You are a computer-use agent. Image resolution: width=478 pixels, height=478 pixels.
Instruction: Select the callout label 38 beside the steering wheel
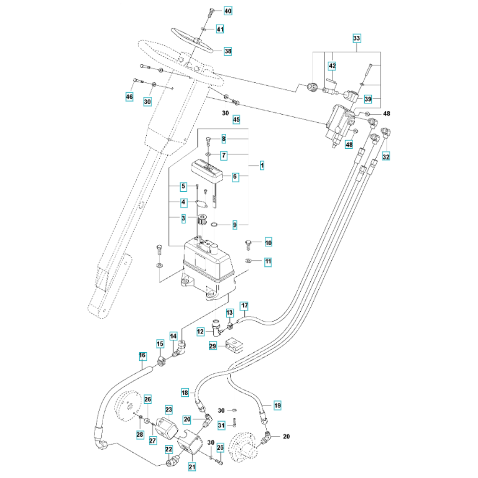click(x=228, y=51)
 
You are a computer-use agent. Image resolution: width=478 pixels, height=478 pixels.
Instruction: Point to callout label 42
click(x=332, y=65)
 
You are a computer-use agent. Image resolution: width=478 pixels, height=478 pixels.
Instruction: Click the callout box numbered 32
click(x=386, y=156)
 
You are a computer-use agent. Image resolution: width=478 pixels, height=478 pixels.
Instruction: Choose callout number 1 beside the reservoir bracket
click(x=262, y=165)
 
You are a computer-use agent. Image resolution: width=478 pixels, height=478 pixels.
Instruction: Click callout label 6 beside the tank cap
click(x=235, y=176)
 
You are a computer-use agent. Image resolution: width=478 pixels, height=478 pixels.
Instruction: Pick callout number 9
click(x=235, y=224)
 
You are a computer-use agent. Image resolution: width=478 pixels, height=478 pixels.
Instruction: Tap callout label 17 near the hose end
click(x=244, y=305)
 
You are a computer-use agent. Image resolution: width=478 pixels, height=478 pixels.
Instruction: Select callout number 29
click(x=213, y=345)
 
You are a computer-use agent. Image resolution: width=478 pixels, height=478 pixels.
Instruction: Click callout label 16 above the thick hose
click(x=142, y=356)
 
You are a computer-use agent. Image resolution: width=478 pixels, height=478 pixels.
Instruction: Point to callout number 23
click(x=169, y=410)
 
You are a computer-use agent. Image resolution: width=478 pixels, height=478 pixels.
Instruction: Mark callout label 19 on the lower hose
click(x=277, y=406)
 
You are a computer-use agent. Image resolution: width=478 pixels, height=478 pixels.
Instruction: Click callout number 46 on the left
click(x=129, y=97)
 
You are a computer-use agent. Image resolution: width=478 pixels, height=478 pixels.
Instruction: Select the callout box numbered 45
click(x=236, y=119)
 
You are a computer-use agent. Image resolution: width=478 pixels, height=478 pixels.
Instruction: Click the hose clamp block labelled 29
click(x=233, y=344)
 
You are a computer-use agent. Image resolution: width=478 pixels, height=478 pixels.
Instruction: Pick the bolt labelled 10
click(x=248, y=243)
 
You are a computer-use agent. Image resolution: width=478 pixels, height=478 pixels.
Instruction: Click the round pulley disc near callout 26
click(x=130, y=406)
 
